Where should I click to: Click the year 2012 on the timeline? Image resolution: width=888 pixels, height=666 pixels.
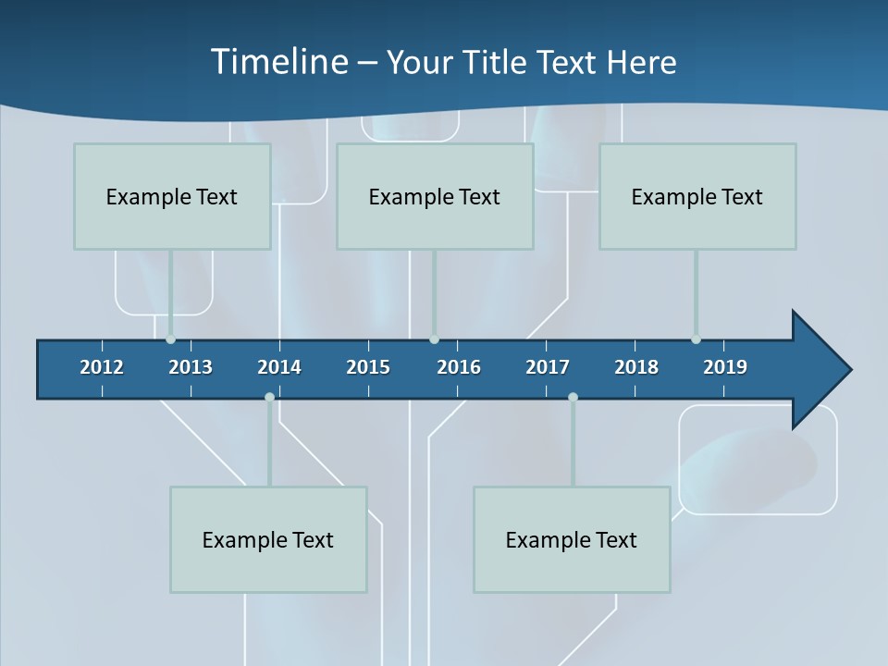[x=102, y=367]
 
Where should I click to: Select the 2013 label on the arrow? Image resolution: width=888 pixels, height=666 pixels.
[x=191, y=367]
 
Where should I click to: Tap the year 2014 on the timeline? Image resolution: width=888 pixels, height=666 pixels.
[x=279, y=367]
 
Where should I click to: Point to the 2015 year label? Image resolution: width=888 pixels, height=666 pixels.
[x=368, y=367]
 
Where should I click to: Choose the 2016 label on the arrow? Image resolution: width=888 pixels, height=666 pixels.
[x=459, y=367]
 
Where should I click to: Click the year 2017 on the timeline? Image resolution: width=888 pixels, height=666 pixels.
[x=548, y=367]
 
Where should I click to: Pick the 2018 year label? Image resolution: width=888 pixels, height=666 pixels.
[x=636, y=367]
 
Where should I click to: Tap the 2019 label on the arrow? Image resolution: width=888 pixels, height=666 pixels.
[x=725, y=367]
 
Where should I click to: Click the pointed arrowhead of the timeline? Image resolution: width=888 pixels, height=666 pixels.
[x=823, y=370]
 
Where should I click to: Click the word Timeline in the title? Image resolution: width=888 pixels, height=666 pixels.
[x=278, y=62]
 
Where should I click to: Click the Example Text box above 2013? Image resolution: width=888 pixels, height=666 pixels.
[x=172, y=196]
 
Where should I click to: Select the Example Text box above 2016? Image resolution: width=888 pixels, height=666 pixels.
[x=435, y=196]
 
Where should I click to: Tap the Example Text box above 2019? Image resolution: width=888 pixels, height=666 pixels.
[x=697, y=196]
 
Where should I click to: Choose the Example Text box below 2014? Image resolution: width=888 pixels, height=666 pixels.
[x=268, y=539]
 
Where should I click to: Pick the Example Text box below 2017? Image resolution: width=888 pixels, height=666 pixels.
[x=572, y=539]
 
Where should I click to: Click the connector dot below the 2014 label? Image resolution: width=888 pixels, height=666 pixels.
[x=269, y=397]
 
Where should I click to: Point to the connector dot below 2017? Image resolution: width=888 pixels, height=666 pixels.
[x=573, y=397]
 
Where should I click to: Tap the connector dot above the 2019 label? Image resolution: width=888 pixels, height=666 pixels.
[x=696, y=339]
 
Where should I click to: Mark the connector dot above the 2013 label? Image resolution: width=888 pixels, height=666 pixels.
[x=170, y=339]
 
